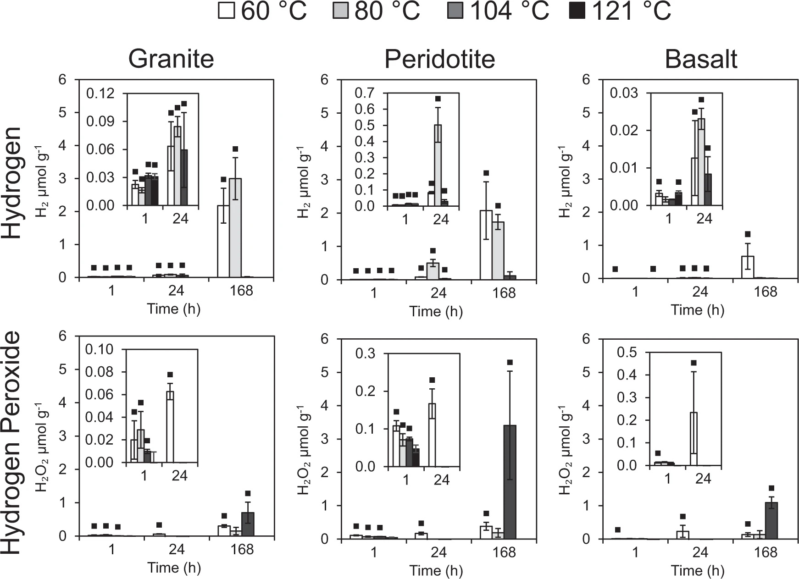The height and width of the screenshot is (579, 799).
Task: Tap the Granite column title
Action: (171, 59)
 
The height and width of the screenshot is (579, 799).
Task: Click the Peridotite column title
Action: (439, 59)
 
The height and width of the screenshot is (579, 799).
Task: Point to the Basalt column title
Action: (701, 59)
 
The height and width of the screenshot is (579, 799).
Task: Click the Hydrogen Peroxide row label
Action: (11, 442)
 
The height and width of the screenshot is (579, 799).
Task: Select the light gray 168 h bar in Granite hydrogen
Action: (235, 228)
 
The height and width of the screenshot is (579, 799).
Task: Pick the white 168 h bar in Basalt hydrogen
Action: (748, 267)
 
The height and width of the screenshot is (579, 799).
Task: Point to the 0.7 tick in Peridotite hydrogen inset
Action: (365, 93)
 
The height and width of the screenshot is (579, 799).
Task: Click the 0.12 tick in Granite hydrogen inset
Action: (100, 94)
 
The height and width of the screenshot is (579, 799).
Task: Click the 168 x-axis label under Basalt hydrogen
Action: (765, 292)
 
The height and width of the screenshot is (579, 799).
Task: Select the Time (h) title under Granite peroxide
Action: (174, 568)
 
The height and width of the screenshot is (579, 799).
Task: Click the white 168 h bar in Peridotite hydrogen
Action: (486, 245)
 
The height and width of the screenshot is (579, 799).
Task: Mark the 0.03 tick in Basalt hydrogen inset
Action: (624, 93)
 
